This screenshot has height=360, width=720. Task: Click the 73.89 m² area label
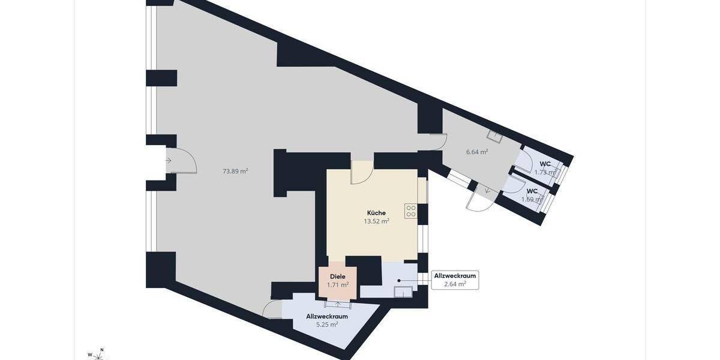click(x=235, y=171)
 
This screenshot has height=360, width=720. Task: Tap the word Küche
click(x=376, y=213)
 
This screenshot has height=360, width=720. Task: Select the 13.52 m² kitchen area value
click(x=376, y=221)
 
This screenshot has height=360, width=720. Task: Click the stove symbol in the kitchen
click(x=411, y=211)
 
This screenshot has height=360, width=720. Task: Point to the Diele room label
click(x=338, y=277)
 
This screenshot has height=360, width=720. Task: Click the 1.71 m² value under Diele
click(x=338, y=285)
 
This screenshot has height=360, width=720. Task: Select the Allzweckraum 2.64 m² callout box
click(x=455, y=280)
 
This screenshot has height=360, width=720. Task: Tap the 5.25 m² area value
click(x=326, y=324)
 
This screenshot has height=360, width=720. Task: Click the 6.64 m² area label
click(x=477, y=152)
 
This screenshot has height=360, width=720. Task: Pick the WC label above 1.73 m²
click(x=545, y=164)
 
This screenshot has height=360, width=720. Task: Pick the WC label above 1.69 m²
click(x=532, y=191)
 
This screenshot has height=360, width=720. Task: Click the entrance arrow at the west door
click(x=169, y=160)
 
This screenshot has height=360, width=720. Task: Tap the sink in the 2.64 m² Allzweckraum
click(x=403, y=292)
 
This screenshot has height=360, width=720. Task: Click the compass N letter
click(x=102, y=349)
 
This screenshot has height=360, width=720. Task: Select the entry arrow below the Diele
click(x=338, y=304)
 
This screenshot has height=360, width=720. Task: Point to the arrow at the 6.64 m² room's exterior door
click(x=486, y=191)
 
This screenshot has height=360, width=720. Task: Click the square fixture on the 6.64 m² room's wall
click(x=493, y=136)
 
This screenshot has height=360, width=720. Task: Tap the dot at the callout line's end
click(x=398, y=280)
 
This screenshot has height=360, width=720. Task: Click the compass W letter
click(x=90, y=355)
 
